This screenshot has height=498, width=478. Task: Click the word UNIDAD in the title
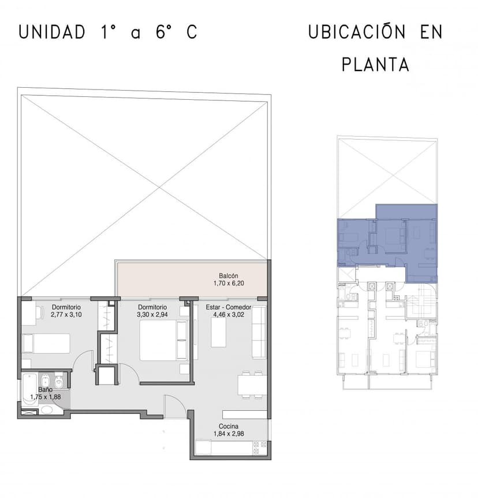52,32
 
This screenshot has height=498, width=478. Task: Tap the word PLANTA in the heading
375,65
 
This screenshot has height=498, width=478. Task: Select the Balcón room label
229,276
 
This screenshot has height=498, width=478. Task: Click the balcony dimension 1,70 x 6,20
229,283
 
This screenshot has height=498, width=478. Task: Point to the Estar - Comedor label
229,307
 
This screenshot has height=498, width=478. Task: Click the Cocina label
229,426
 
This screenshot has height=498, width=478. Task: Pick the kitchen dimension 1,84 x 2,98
229,434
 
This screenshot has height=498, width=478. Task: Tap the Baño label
46,390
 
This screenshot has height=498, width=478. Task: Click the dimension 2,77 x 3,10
66,314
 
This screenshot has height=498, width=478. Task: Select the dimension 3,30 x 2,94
152,314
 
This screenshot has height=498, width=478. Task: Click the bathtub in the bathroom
30,389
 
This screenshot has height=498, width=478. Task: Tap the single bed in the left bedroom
46,343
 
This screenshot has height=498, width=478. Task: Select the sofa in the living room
259,332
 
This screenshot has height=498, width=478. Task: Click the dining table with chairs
252,385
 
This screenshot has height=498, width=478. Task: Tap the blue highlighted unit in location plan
387,243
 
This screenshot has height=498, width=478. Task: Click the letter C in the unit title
192,32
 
